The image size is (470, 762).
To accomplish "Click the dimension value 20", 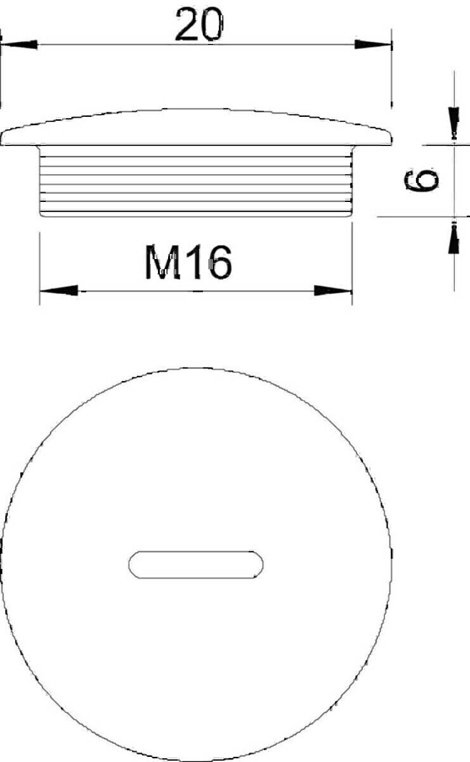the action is [200, 25].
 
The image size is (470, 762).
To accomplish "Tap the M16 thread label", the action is [188, 262].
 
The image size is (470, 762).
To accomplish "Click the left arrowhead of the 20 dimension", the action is [19, 44].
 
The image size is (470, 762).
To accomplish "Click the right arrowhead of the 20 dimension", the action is [373, 44].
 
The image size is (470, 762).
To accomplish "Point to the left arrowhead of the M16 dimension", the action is [59, 291].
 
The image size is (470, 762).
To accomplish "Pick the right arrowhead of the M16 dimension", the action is [333, 291].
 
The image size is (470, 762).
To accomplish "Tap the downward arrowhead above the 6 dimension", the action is [454, 123].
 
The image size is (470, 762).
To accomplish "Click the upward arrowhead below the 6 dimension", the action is [454, 237].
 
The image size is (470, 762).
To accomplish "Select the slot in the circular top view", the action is [196, 565].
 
